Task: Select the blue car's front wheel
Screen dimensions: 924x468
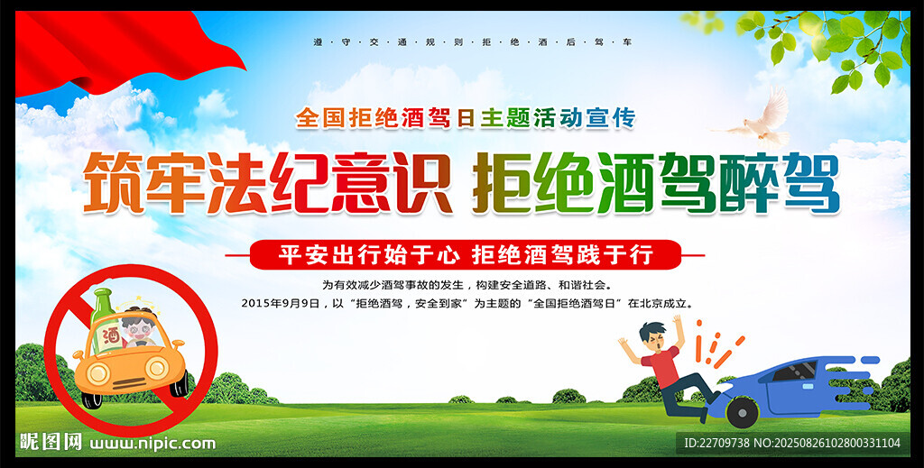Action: (743, 411)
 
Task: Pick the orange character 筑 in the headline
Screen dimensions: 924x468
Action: (113, 182)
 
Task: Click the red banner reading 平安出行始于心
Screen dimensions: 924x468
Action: (466, 255)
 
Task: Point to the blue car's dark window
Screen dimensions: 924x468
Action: (796, 371)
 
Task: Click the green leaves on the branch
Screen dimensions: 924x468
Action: (825, 42)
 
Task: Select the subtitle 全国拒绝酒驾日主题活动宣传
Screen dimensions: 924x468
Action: (466, 118)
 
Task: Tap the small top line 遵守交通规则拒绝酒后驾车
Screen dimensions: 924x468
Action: (472, 42)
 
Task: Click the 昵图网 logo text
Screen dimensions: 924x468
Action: (51, 442)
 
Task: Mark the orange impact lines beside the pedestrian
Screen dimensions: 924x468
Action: (716, 345)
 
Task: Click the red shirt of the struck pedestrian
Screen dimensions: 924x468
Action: (663, 367)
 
